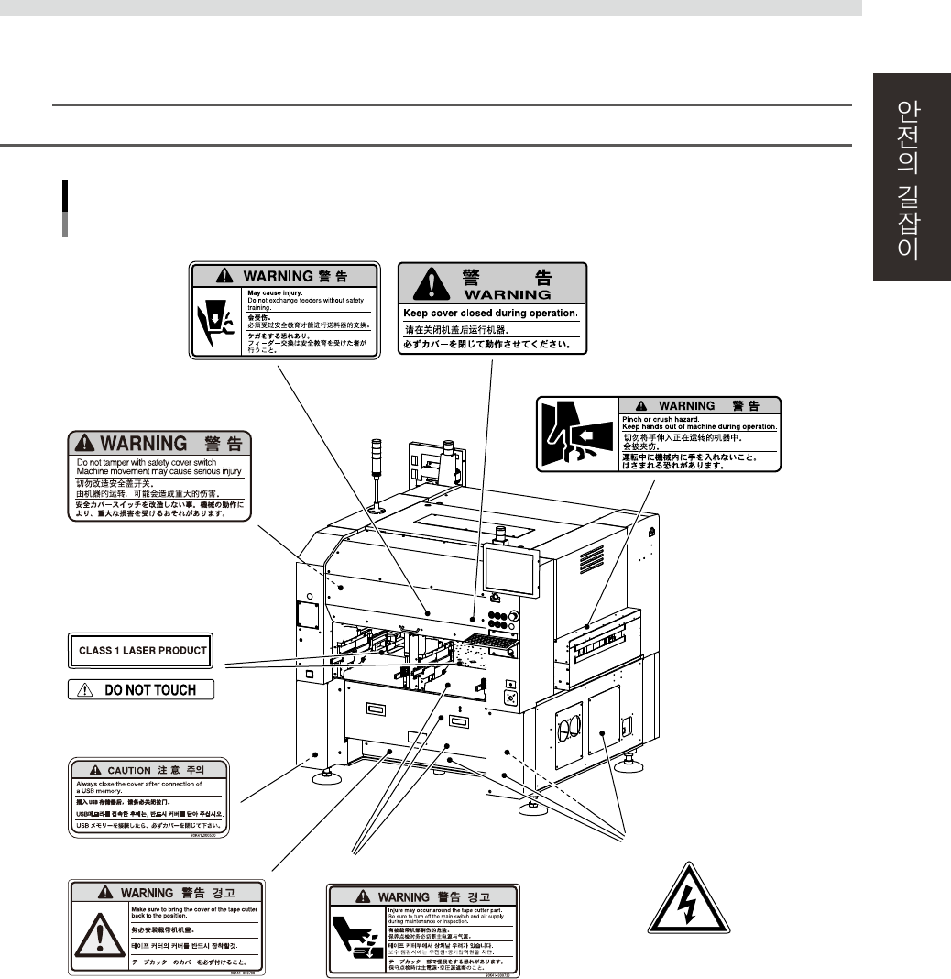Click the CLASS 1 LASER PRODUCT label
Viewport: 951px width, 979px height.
tap(140, 650)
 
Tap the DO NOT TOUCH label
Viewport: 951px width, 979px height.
tap(141, 689)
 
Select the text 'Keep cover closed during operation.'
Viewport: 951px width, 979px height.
tap(491, 313)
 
